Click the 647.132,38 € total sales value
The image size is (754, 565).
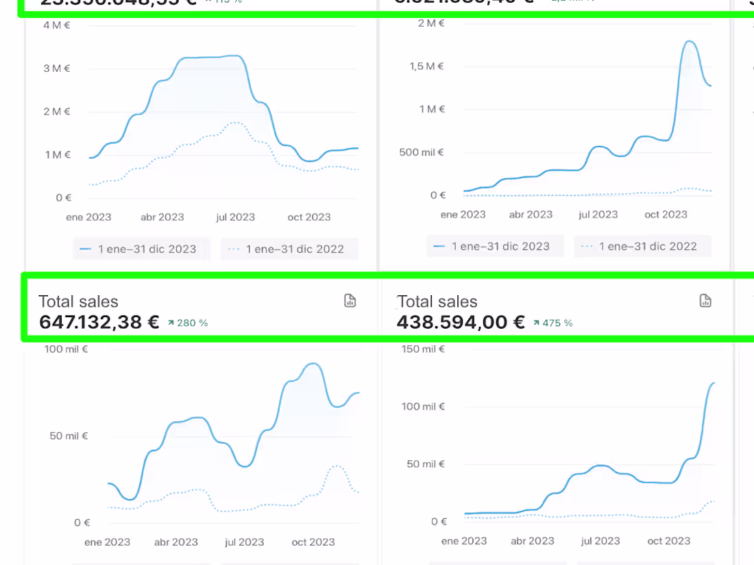click(99, 322)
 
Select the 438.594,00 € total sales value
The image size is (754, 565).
click(461, 322)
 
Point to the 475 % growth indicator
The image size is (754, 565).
click(553, 323)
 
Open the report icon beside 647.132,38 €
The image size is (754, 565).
click(350, 301)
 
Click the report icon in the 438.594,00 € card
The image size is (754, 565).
click(705, 301)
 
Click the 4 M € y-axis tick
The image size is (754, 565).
click(56, 25)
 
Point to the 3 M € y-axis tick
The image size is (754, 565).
click(56, 68)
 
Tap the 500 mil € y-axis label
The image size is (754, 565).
click(422, 152)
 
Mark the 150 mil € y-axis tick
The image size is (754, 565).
click(420, 349)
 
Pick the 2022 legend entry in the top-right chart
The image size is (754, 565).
click(642, 247)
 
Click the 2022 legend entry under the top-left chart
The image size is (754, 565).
click(289, 249)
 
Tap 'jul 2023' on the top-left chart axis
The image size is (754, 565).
click(235, 217)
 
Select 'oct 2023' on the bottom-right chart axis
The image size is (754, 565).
click(668, 541)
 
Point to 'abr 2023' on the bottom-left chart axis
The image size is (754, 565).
click(175, 542)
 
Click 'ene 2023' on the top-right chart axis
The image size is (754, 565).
click(463, 214)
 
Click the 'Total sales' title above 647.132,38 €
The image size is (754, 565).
click(78, 301)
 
